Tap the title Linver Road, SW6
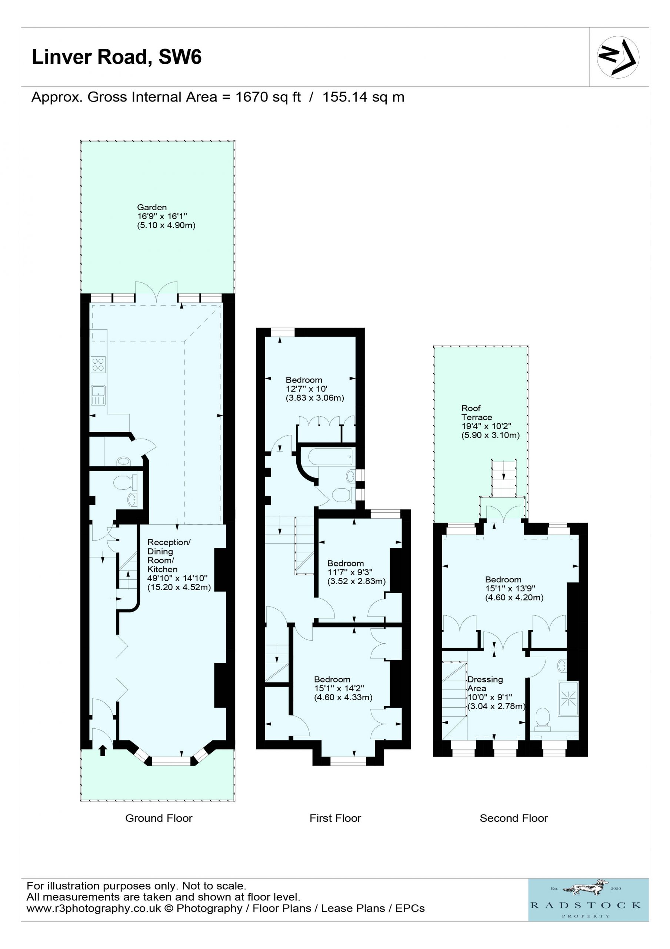coord(117,57)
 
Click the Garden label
coord(152,207)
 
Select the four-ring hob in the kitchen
coord(98,364)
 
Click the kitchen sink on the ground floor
coord(98,396)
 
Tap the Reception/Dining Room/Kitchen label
coord(169,556)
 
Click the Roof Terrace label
coord(477,413)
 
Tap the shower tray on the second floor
coord(568,698)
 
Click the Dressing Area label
coord(485,684)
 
